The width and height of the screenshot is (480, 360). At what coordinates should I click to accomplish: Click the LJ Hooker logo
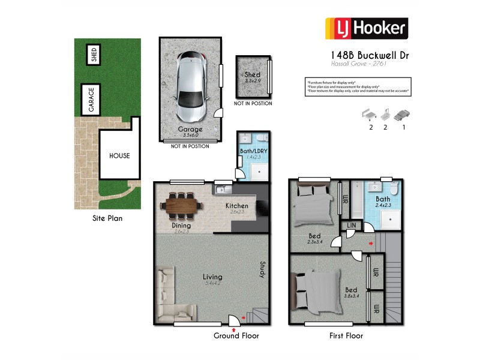(x=366, y=28)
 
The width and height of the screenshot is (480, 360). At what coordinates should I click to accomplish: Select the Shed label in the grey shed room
(x=252, y=75)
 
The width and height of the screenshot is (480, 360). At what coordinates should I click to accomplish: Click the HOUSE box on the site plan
(x=119, y=156)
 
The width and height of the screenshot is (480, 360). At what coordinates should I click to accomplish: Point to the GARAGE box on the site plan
(x=91, y=100)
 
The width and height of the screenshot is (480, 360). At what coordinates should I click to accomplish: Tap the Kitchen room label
(x=236, y=206)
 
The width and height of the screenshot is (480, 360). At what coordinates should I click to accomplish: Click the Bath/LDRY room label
(x=251, y=151)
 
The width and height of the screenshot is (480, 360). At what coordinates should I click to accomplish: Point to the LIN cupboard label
(x=351, y=226)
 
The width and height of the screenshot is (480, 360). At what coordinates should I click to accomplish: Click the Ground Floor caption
(x=236, y=335)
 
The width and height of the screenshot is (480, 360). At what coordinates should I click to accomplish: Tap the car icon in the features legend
(x=404, y=113)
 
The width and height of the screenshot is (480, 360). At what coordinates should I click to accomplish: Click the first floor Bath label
(x=383, y=199)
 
